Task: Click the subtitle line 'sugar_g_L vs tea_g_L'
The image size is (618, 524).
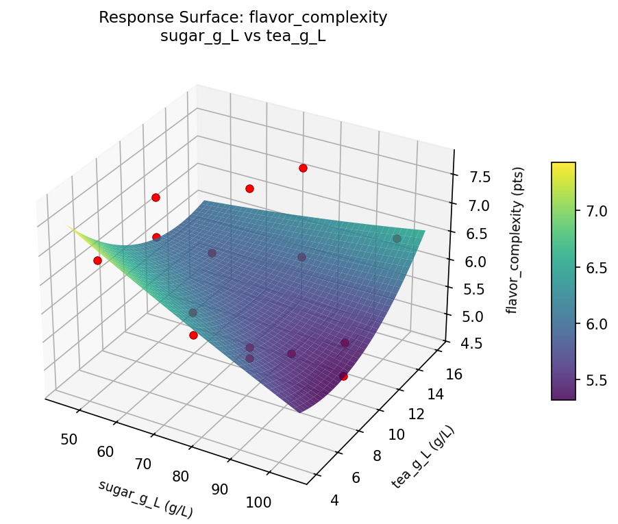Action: tap(243, 37)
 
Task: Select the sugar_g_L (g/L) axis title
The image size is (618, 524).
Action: tap(145, 499)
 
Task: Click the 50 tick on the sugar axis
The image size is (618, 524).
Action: tap(69, 439)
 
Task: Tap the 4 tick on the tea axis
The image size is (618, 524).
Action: tap(334, 501)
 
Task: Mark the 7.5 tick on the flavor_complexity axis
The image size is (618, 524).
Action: tap(471, 178)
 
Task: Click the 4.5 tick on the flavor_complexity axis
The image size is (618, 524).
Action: tap(462, 342)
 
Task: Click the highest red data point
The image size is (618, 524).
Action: tap(303, 168)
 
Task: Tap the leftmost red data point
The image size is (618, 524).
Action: tap(97, 260)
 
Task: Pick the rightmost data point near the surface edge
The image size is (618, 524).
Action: tap(397, 238)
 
